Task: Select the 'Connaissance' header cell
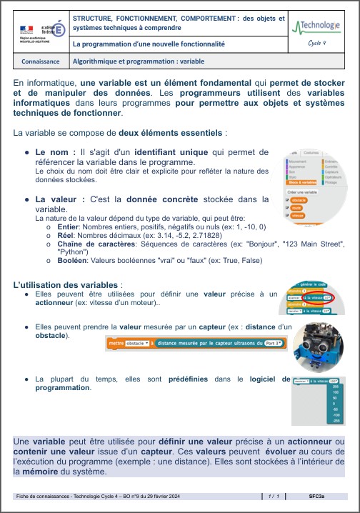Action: (41, 61)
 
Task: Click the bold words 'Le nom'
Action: (55, 151)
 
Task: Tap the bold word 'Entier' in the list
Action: (70, 226)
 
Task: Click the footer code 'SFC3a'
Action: (317, 495)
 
